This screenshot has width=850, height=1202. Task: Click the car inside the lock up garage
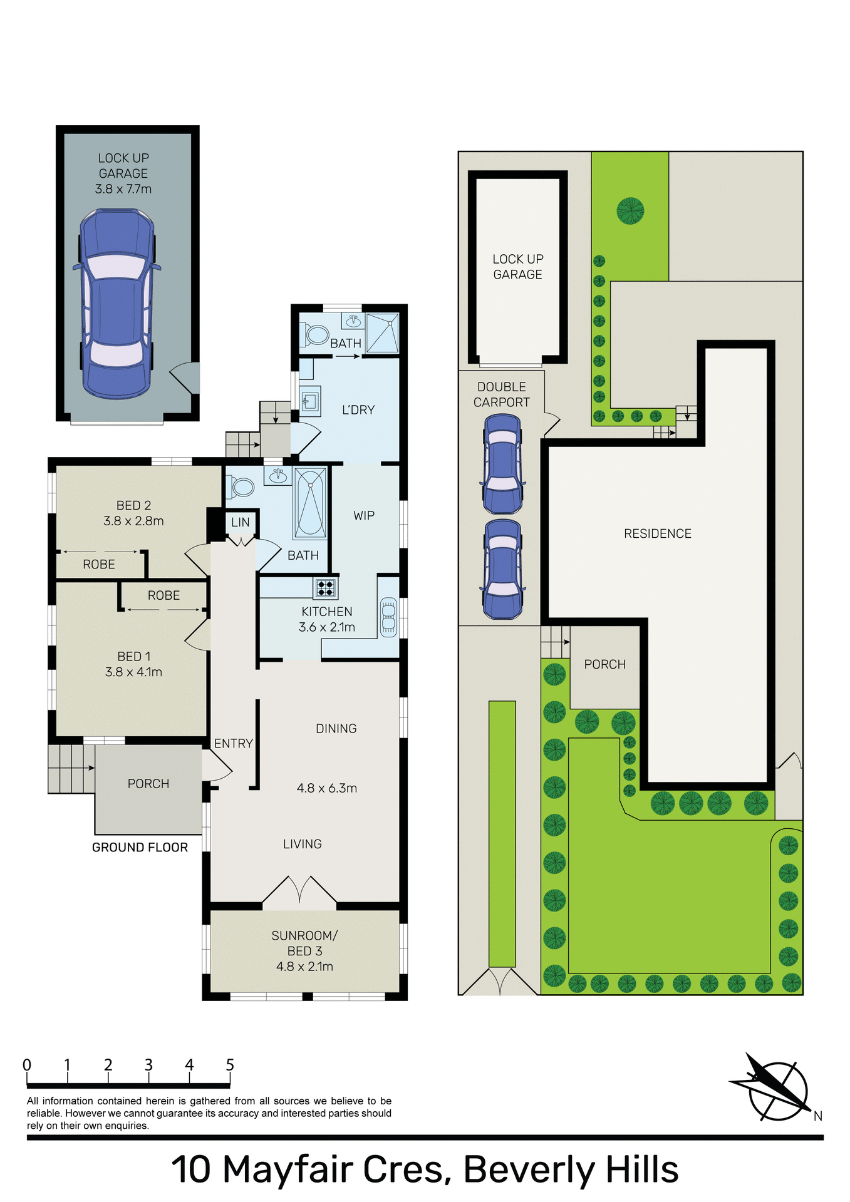point(117,304)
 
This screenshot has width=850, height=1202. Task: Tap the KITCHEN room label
point(326,612)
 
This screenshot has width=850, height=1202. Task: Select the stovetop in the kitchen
point(325,587)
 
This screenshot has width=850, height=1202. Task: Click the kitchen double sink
point(388,617)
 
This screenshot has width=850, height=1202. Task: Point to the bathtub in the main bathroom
point(309,503)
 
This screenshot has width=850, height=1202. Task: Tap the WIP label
point(364,516)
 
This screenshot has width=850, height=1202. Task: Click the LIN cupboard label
point(241,522)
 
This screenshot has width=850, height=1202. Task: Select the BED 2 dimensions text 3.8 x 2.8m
point(133,521)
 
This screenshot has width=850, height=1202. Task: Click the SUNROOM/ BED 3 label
point(304,943)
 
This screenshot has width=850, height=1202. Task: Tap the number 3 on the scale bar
point(148,1065)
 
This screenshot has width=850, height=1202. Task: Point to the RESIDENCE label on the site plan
point(658,533)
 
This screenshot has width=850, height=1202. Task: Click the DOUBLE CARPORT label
point(501,394)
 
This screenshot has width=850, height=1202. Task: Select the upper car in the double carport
point(502,464)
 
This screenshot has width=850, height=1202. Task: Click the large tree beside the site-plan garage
point(630,210)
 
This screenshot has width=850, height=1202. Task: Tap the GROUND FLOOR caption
point(140,848)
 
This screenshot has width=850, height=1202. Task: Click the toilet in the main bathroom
point(241,486)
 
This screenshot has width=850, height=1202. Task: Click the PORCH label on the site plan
point(604,664)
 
